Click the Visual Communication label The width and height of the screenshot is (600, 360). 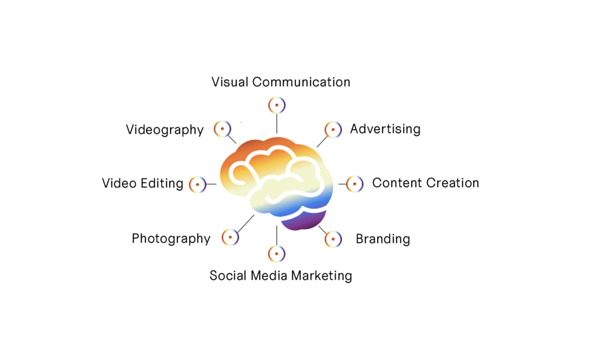[x=281, y=82]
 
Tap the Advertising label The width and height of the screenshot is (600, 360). [x=385, y=129]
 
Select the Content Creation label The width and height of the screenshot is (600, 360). [x=425, y=183]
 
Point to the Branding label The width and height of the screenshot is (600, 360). [x=383, y=239]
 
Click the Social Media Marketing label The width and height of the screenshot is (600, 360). [x=281, y=276]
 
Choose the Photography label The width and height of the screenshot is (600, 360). [x=171, y=239]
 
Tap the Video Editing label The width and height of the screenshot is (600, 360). [x=142, y=183]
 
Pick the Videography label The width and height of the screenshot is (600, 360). [x=165, y=130]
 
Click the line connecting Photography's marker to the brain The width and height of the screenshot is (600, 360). [x=246, y=223]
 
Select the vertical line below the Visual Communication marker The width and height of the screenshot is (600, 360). [x=277, y=124]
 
